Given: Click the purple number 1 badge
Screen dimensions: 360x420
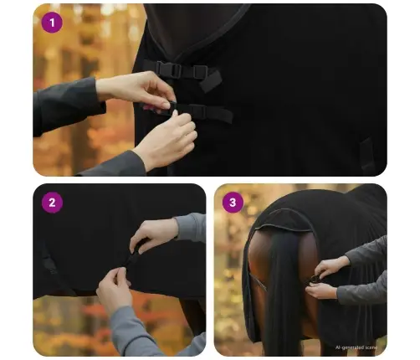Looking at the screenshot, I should (x=52, y=23).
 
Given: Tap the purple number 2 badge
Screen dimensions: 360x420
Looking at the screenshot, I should (x=52, y=203).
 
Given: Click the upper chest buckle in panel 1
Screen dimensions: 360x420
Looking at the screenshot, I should (x=167, y=71).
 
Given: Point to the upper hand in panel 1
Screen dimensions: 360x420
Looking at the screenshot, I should (x=138, y=88).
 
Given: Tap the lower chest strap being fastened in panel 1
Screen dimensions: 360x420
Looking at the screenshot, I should (x=209, y=111).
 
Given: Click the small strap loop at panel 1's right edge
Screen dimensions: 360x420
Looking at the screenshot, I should (x=366, y=155).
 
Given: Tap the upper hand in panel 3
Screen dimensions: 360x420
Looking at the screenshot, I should (x=332, y=266).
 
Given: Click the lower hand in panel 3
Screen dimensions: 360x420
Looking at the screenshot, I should (x=322, y=291).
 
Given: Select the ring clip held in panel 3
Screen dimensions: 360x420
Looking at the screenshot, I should (x=313, y=280).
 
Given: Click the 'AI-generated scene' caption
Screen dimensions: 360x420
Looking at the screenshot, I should (x=362, y=347).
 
